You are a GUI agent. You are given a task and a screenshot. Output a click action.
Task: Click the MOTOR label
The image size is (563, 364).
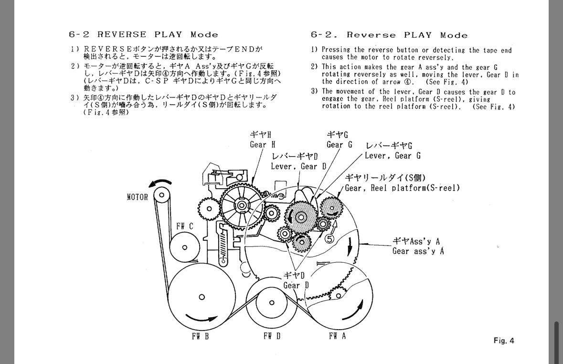pyautogui.click(x=138, y=197)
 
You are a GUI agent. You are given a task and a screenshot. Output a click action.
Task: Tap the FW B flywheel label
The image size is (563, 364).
pyautogui.click(x=200, y=336)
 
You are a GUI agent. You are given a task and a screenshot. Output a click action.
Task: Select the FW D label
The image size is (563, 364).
pyautogui.click(x=272, y=336)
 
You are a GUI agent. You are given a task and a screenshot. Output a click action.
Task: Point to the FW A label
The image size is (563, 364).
pyautogui.click(x=337, y=336)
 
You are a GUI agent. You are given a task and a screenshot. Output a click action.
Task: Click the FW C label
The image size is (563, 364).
pyautogui.click(x=185, y=226)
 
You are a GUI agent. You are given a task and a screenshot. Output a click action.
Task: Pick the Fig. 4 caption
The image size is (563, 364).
pyautogui.click(x=504, y=341)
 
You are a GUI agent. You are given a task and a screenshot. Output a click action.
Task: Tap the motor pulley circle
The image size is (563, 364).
pyautogui.click(x=161, y=194)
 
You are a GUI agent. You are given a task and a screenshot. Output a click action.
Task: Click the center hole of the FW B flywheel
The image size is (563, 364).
pyautogui.click(x=202, y=297)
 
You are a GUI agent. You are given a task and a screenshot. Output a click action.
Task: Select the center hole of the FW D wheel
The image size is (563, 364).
pyautogui.click(x=272, y=302)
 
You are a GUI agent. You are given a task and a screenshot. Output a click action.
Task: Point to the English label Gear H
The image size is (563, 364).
pyautogui.click(x=262, y=144)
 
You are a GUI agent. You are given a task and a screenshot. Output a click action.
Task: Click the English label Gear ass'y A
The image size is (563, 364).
pyautogui.click(x=418, y=251)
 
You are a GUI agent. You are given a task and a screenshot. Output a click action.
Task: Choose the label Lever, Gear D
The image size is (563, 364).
pyautogui.click(x=298, y=166)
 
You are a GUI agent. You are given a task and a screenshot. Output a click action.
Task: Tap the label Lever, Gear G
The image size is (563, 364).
pyautogui.click(x=393, y=156)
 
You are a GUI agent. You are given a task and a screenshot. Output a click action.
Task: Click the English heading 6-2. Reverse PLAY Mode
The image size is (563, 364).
pyautogui.click(x=389, y=35)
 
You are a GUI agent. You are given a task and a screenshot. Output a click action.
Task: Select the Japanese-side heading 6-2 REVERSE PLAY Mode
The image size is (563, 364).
pyautogui.click(x=143, y=34)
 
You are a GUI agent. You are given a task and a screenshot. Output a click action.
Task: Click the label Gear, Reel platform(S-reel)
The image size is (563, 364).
pyautogui.click(x=402, y=188)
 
